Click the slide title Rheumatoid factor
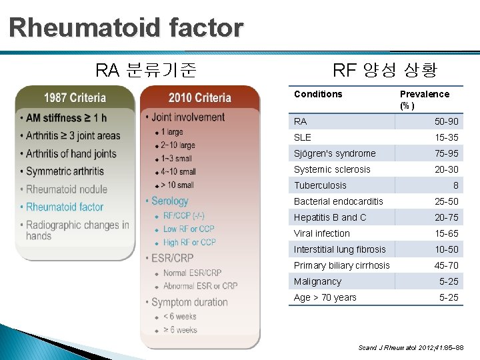(x=127, y=28)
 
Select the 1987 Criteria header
(x=75, y=98)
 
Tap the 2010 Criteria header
(x=200, y=98)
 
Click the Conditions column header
(x=318, y=94)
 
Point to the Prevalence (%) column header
(x=424, y=99)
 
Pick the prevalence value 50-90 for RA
(x=447, y=121)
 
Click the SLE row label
(x=303, y=137)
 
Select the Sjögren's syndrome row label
(x=335, y=153)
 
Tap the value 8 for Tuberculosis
(x=456, y=185)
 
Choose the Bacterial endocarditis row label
(x=339, y=201)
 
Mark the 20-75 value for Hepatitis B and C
(x=447, y=217)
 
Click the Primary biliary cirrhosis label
(x=342, y=265)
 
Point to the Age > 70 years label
(x=325, y=297)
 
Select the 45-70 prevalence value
(x=447, y=265)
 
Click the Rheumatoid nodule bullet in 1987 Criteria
(x=67, y=189)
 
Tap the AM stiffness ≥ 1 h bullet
(x=66, y=118)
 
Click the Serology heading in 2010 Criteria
(x=169, y=201)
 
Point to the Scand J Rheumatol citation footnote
(x=411, y=348)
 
